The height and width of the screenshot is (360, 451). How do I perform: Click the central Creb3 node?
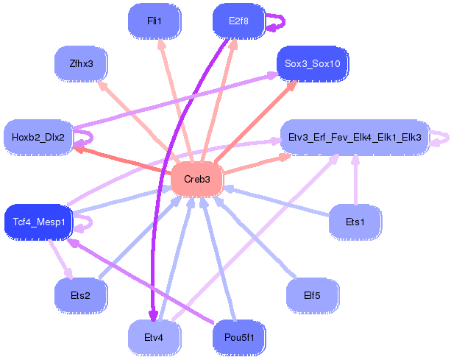[x=197, y=180]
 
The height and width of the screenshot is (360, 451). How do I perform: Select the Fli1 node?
[x=155, y=21]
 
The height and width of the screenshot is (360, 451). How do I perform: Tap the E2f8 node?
[x=238, y=21]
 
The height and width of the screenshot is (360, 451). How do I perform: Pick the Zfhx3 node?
[x=81, y=63]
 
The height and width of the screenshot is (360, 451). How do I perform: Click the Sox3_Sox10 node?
[x=313, y=63]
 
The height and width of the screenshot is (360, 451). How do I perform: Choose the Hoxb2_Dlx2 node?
[x=38, y=137]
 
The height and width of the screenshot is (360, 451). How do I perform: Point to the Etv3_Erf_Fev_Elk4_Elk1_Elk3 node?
[x=355, y=137]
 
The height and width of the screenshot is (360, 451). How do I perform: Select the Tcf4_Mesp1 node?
[x=39, y=222]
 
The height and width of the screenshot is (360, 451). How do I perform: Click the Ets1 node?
[x=355, y=222]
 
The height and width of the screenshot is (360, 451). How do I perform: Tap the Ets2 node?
[x=81, y=295]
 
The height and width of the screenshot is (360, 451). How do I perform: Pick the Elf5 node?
[x=313, y=295]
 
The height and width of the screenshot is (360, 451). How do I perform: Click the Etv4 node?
[x=155, y=338]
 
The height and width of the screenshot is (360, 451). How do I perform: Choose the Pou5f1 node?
[x=239, y=338]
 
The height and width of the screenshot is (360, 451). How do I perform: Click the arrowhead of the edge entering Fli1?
[x=161, y=43]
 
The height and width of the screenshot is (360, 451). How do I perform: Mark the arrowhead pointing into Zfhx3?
[x=102, y=85]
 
